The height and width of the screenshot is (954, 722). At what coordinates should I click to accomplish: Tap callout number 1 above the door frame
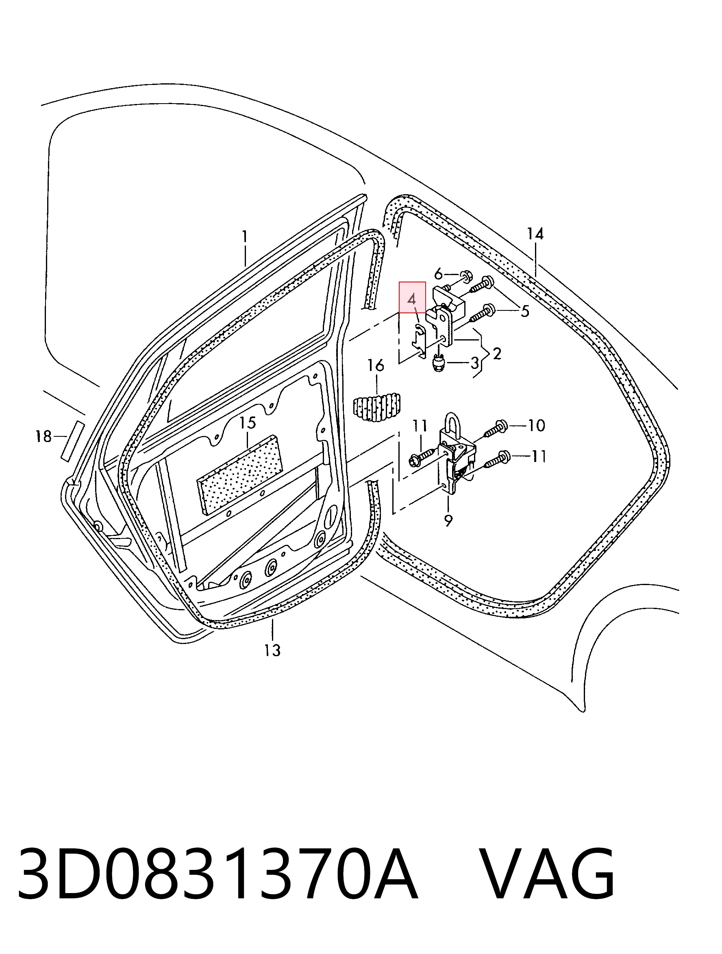[x=245, y=236]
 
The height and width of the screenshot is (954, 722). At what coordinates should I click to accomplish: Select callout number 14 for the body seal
[x=535, y=234]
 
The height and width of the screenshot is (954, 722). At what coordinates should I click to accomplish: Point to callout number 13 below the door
[x=273, y=650]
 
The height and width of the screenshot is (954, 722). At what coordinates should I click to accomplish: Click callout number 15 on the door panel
[x=248, y=423]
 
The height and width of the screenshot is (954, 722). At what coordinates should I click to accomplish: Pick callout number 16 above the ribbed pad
[x=376, y=365]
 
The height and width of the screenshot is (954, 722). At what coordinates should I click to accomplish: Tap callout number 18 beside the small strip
[x=43, y=436]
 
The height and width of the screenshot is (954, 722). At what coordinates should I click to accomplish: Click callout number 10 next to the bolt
[x=537, y=426]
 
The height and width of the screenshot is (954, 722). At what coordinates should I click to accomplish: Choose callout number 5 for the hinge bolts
[x=525, y=311]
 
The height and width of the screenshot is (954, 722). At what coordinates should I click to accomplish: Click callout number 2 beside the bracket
[x=497, y=354]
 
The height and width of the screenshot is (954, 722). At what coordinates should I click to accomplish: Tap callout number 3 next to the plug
[x=475, y=363]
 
